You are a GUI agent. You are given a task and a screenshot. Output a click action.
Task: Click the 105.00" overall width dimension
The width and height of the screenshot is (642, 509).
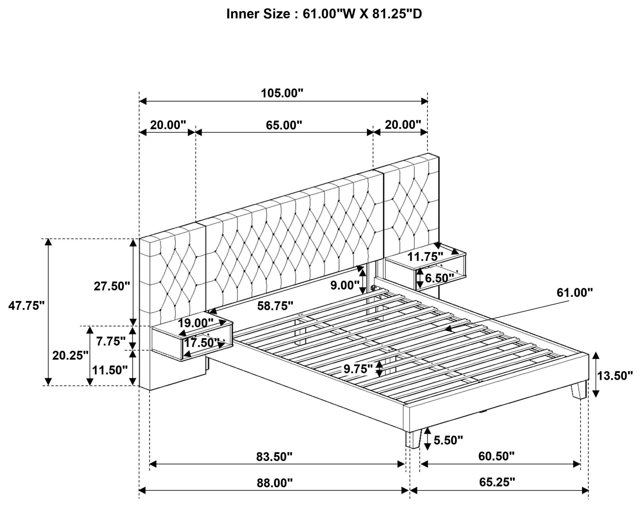pos(282,93)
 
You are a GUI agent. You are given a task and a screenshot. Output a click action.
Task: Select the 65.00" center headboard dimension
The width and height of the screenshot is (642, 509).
pos(284,125)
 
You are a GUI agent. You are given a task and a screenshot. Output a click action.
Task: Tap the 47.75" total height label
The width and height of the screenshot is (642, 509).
pos(27,306)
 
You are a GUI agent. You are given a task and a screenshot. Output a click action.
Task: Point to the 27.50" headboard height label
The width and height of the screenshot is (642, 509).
pos(112,286)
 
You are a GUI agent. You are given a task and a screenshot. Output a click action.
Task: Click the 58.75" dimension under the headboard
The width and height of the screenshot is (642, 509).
pos(275,306)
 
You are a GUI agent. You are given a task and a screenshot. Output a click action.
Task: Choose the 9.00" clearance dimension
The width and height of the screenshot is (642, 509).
pos(345,285)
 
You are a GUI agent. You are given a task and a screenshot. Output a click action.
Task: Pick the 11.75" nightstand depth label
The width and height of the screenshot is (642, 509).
pos(425,256)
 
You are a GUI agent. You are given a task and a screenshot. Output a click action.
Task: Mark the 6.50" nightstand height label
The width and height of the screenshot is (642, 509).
pos(439,278)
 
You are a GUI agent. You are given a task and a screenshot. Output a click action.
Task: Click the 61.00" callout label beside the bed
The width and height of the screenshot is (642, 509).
pos(574,293)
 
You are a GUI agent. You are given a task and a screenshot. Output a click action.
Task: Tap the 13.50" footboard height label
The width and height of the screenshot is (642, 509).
pos(615,376)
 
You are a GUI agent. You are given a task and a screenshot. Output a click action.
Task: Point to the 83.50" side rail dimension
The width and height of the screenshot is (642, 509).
pos(274,457)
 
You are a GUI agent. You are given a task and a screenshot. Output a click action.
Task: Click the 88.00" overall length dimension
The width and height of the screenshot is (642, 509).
pos(274,483)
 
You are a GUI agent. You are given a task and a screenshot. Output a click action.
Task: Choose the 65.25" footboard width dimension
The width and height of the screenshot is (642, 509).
pos(497,482)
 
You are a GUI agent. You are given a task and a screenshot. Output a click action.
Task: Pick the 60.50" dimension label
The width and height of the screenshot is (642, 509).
pos(496,456)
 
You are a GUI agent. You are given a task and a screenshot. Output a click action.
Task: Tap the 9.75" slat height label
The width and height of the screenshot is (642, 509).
pos(358,369)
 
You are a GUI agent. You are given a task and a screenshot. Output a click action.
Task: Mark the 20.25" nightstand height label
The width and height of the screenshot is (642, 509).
pos(70,355)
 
